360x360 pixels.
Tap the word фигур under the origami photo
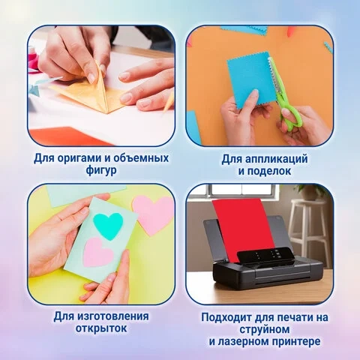tap(101, 171)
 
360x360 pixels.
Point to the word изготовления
tap(112, 316)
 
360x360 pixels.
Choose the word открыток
tap(101, 328)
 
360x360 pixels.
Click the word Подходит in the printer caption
tap(226, 317)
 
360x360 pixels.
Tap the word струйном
tap(265, 329)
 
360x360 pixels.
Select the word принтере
tap(296, 341)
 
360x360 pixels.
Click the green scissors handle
tap(291, 116)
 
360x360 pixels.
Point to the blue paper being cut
tap(251, 80)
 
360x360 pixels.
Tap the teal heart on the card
tap(108, 226)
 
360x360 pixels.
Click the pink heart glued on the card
tap(98, 253)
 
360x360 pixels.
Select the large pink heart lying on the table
tap(153, 214)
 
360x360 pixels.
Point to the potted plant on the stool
tap(313, 192)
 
